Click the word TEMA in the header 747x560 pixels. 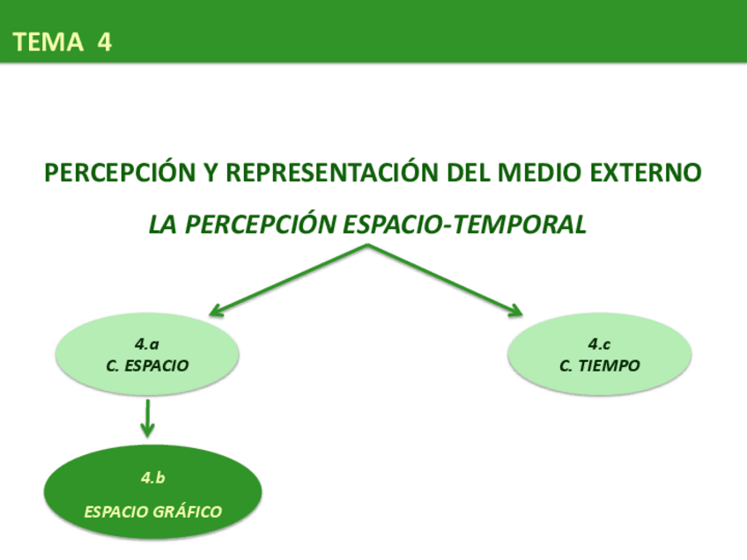point(48,42)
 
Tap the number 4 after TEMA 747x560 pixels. point(105,42)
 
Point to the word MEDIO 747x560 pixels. point(532,173)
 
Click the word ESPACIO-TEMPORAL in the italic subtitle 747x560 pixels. point(463,225)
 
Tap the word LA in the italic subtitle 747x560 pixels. point(164,225)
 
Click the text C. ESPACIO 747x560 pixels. point(147,365)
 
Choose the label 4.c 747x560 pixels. point(600,344)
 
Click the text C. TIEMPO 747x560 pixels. point(600,365)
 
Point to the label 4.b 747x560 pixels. point(153,478)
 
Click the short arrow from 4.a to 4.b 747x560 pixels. point(148,417)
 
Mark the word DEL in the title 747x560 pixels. point(469,173)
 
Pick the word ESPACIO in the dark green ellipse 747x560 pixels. point(115,512)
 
